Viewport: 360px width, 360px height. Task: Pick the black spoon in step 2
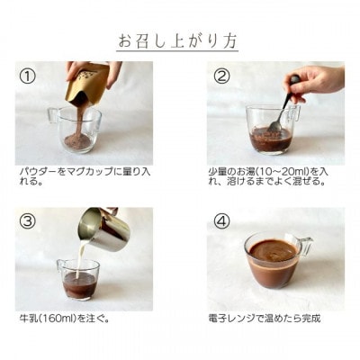coord(286,103)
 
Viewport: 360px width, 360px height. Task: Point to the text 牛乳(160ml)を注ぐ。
coord(64,318)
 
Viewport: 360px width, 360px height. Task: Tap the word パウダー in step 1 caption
coord(38,169)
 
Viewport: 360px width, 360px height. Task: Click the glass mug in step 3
coord(79,281)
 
